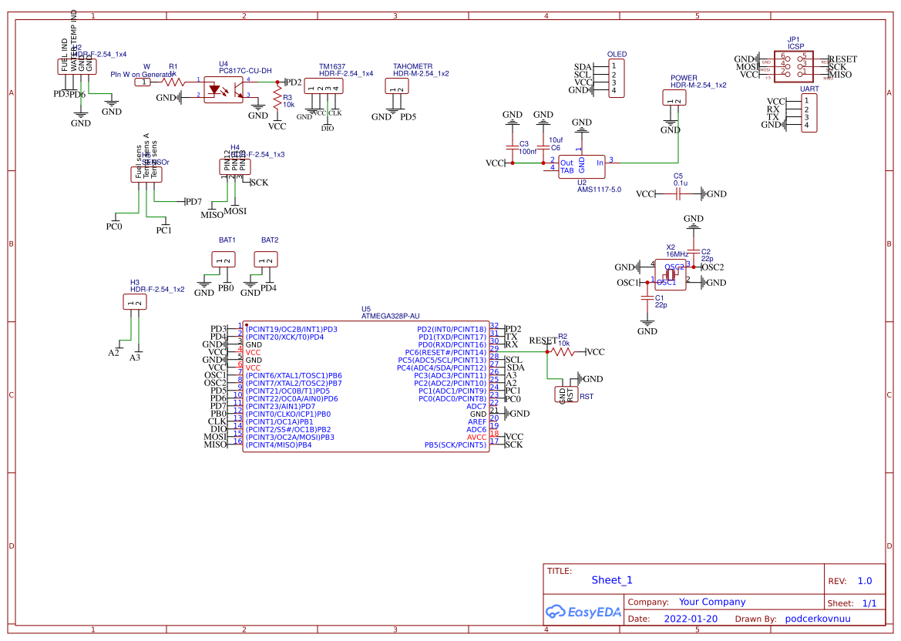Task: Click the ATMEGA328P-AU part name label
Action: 390,316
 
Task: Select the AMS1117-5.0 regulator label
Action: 599,190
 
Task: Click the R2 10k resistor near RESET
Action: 563,352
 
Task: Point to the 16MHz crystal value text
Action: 677,254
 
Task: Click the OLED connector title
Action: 617,55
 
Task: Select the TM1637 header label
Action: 331,66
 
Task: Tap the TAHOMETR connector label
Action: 412,66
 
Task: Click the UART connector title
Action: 809,89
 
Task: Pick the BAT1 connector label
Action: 227,240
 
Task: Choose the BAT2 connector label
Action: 269,240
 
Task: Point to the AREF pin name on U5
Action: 477,422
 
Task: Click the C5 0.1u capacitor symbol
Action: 677,194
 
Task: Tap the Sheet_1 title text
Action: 611,580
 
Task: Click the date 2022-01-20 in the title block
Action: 690,619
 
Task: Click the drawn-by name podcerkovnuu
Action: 817,619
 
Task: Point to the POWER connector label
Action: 684,78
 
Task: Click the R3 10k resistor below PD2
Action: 277,98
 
